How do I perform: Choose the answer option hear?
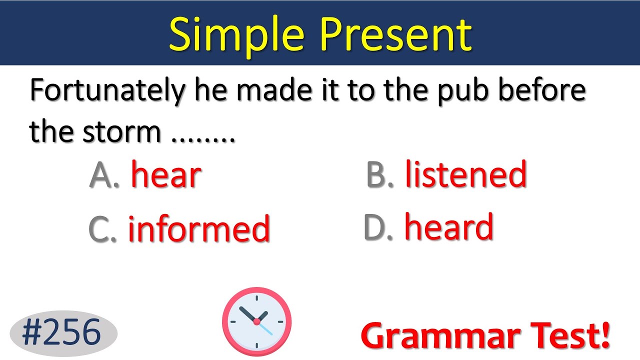tap(166, 175)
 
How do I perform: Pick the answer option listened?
tap(465, 174)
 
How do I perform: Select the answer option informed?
tap(199, 228)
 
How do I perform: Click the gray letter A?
tap(101, 175)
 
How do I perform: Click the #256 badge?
tap(62, 332)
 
